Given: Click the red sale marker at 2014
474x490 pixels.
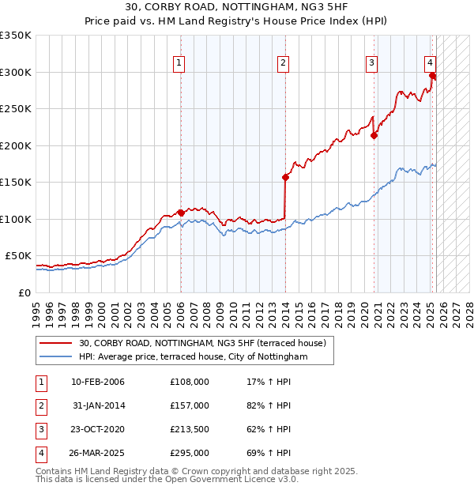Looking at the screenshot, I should (x=284, y=177).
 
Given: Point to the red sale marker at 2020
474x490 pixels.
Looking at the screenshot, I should (x=374, y=135).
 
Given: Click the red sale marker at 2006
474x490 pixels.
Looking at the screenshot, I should (x=181, y=213).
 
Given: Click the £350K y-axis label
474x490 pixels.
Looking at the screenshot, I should (x=16, y=36).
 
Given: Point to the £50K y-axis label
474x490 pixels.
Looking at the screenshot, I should (x=19, y=256).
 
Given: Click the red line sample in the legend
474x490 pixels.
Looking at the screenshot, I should (x=55, y=343).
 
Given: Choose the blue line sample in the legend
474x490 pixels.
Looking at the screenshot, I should (x=55, y=357).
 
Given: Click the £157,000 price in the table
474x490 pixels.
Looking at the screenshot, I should (x=190, y=405).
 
